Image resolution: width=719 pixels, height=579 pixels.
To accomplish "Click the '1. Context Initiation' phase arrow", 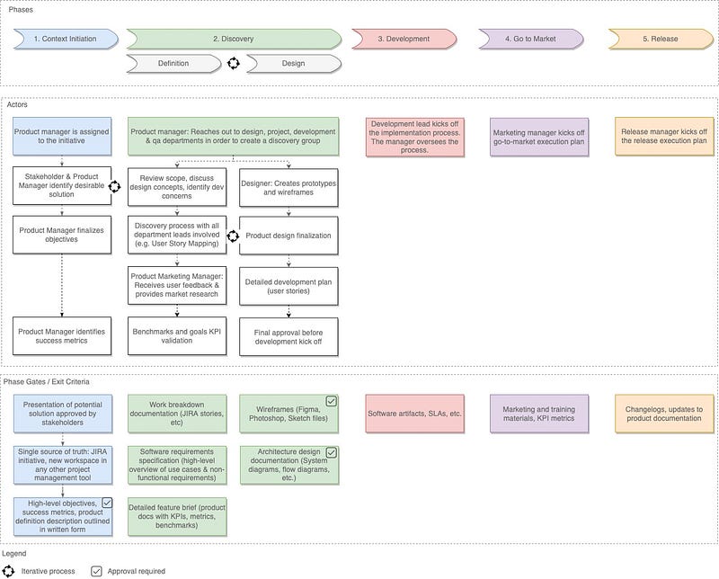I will pos(66,39).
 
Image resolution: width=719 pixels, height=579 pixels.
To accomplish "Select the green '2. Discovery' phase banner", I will pos(233,39).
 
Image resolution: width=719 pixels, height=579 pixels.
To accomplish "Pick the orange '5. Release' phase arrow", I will pos(661,39).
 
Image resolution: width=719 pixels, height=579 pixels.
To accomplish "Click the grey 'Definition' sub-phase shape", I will pos(173,63).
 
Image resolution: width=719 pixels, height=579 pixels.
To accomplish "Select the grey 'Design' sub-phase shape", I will pos(293,63).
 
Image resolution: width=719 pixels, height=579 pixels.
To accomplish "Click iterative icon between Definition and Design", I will pos(234,63).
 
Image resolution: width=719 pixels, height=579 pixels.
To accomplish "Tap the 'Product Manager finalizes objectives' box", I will pos(62,234).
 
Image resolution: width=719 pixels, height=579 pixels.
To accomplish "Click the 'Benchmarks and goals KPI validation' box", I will pos(176,335).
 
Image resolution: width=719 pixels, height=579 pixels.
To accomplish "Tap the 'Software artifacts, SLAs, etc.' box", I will pos(414,413).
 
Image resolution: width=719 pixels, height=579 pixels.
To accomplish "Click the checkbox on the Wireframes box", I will pos(331,401).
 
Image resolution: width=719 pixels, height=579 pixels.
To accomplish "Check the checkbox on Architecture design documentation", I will pos(331,452).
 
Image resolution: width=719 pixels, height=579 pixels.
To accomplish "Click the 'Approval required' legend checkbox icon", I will pos(97,570).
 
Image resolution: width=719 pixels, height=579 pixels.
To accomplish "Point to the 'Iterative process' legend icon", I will pos(9,570).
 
